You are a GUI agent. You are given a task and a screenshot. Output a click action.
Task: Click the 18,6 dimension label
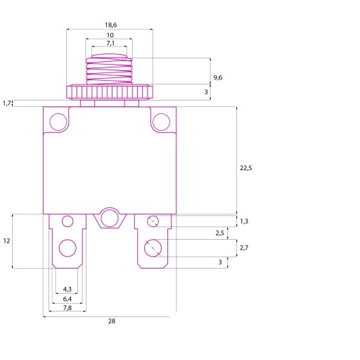coord(110,25)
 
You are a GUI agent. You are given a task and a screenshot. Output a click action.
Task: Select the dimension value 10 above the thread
coord(110,35)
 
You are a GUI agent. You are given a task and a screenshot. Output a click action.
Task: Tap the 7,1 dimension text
coord(110,43)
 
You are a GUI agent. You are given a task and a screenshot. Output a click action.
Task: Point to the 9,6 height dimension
coord(218,77)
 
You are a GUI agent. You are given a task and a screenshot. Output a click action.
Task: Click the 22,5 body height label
coord(245,168)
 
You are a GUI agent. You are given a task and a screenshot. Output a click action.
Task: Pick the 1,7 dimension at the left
coord(6,103)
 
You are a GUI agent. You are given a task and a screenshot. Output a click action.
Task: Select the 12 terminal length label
coord(6,240)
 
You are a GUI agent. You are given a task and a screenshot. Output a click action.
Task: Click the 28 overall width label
coord(112,321)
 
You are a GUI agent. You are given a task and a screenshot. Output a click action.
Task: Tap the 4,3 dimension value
coord(67,289)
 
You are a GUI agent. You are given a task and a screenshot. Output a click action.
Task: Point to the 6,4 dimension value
coord(67,299)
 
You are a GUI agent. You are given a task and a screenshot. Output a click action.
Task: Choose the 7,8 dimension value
coord(67,308)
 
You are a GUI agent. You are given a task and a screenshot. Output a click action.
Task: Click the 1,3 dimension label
coord(244,221)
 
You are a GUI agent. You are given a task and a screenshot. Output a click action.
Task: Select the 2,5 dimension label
coord(219,233)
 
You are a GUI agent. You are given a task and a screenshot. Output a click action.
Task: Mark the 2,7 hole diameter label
coord(244,247)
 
